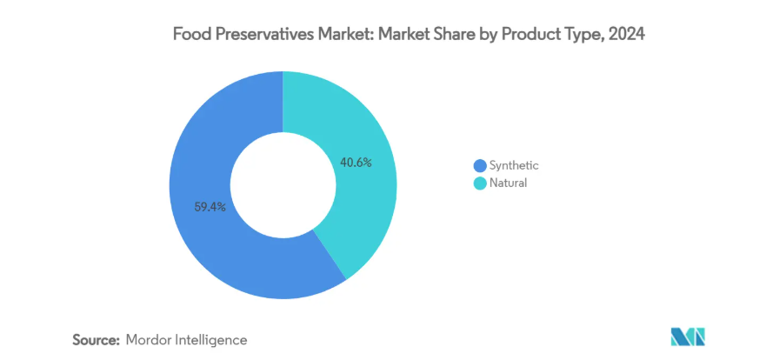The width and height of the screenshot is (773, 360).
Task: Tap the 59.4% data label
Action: pyautogui.click(x=210, y=207)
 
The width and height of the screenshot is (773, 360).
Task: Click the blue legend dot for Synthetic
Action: pyautogui.click(x=478, y=165)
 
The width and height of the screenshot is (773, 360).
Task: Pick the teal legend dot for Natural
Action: pyautogui.click(x=478, y=183)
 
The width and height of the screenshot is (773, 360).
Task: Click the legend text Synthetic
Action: pyautogui.click(x=514, y=165)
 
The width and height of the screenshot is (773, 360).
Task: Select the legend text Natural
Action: pyautogui.click(x=509, y=183)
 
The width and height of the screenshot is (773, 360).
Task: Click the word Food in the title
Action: pyautogui.click(x=190, y=36)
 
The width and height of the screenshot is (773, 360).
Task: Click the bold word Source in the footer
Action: pyautogui.click(x=93, y=339)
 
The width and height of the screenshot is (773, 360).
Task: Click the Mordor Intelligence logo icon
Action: pyautogui.click(x=688, y=337)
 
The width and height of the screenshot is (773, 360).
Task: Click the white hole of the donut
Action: pyautogui.click(x=283, y=184)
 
